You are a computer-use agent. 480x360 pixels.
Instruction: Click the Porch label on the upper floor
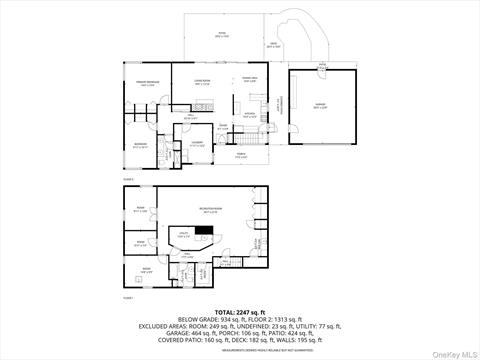(x=240, y=155)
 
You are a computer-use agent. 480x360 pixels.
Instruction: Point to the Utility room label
(x=185, y=233)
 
